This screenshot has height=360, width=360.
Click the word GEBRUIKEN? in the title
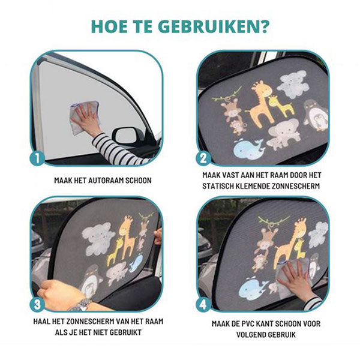point(214,27)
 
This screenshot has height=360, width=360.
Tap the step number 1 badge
point(37,158)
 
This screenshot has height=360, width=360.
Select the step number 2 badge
point(203,158)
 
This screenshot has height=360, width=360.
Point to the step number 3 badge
point(37,304)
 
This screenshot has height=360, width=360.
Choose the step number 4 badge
point(203,304)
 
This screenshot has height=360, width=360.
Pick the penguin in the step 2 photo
point(315,115)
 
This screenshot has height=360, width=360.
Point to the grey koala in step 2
point(293,85)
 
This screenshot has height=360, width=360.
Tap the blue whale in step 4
point(253,287)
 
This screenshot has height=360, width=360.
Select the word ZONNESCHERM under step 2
point(296,186)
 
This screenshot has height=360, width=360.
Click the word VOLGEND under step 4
point(253,335)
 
